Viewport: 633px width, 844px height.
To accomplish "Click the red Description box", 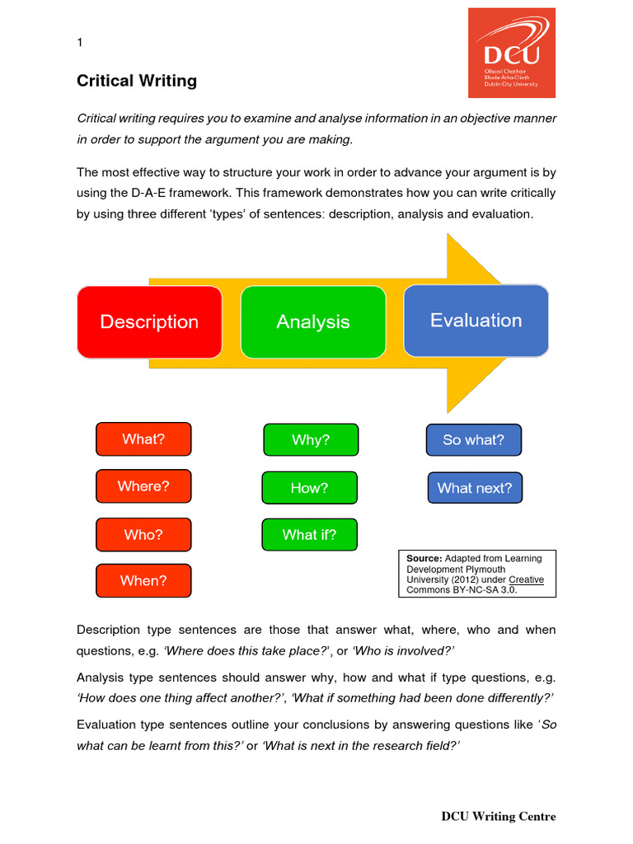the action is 149,321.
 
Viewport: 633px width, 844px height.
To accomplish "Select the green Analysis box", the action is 313,321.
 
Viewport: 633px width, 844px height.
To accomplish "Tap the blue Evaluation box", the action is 476,320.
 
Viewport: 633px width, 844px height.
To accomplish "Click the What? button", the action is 143,439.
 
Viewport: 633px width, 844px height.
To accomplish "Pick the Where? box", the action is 143,486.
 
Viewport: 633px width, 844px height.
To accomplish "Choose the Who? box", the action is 143,534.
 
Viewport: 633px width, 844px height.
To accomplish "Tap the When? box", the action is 143,580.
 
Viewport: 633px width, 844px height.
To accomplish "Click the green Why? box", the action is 311,440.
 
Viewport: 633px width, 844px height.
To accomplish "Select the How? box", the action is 309,488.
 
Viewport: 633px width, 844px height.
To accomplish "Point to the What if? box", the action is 309,535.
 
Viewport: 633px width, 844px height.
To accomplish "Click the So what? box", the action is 473,440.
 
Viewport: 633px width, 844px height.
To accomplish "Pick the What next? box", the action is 475,488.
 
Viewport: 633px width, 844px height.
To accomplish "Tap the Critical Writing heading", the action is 137,81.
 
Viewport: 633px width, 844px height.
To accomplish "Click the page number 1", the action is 79,43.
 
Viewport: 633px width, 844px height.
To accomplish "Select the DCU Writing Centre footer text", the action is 499,816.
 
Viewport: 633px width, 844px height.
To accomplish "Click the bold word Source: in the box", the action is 424,558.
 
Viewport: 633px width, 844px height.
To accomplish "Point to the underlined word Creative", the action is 526,579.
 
